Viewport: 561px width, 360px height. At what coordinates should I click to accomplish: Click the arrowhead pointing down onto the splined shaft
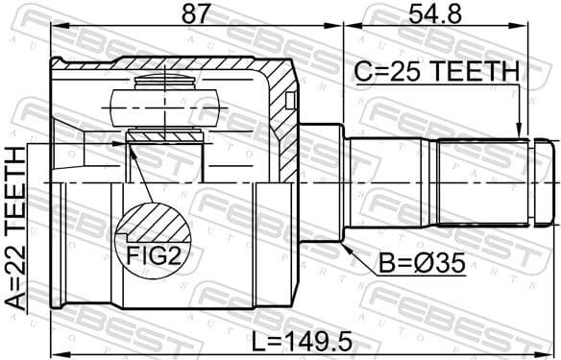coord(519,135)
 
